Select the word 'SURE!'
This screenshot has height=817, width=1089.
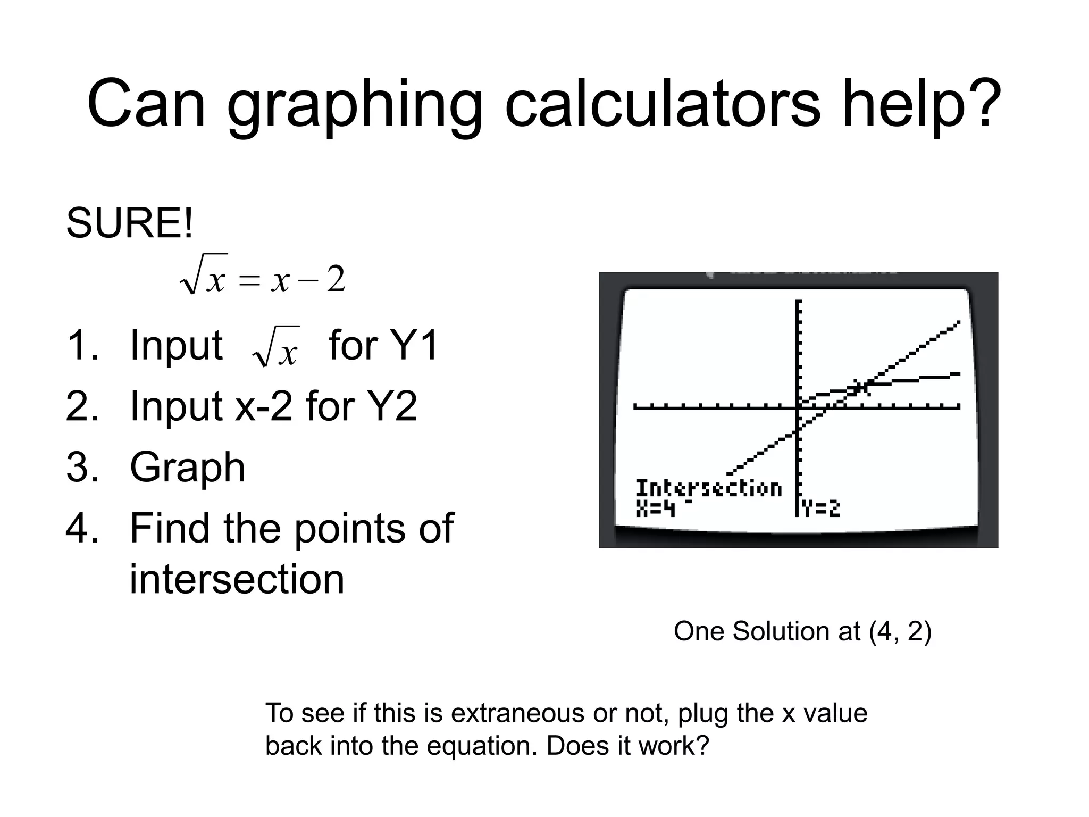coord(130,223)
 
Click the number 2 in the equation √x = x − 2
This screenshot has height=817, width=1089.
coord(336,280)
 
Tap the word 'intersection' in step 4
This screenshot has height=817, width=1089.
coord(237,579)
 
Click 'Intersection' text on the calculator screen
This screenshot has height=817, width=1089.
coord(709,488)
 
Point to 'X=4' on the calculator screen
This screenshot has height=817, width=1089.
coord(655,509)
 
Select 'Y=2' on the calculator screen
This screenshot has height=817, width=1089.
coord(822,509)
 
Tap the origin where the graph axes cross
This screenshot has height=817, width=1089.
coord(798,407)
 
